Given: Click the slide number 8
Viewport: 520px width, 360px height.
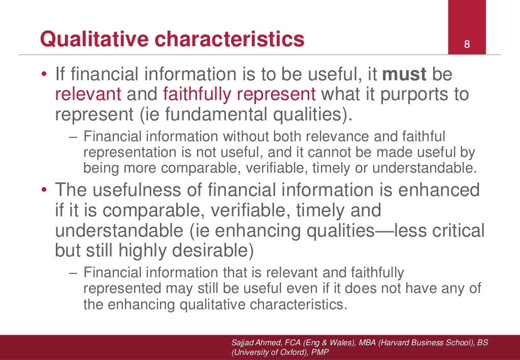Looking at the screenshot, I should tap(467, 45).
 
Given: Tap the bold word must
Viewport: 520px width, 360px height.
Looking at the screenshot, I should tap(404, 75).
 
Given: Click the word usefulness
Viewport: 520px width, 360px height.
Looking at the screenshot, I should tap(137, 190).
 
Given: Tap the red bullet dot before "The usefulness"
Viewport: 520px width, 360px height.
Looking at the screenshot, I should tap(45, 191).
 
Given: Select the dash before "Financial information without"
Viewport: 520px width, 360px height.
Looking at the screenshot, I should tap(73, 137).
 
